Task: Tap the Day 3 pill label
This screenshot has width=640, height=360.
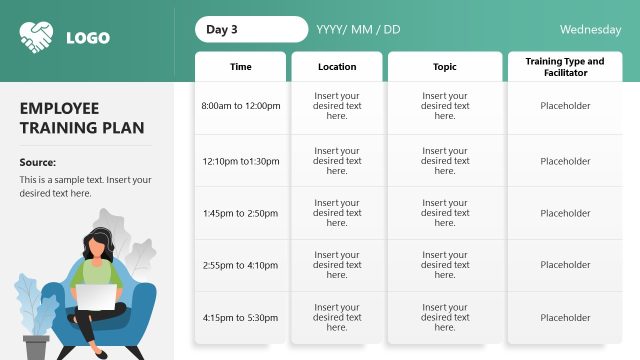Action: click(x=251, y=29)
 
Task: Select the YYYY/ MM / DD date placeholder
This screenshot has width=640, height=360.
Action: click(x=358, y=29)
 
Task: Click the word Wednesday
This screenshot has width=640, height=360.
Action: click(x=590, y=29)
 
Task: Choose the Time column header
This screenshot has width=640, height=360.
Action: click(x=241, y=67)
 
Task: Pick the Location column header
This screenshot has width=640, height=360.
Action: click(x=337, y=67)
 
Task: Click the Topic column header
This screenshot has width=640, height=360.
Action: click(x=445, y=67)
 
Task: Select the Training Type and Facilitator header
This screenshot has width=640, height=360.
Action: click(x=565, y=67)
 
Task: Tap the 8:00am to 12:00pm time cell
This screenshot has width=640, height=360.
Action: click(x=241, y=106)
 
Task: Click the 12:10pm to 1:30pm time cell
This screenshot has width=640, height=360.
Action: click(x=241, y=161)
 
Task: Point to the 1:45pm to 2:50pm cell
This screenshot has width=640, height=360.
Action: click(x=241, y=213)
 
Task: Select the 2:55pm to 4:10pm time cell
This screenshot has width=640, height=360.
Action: click(x=241, y=265)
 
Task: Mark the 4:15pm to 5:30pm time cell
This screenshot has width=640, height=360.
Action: click(x=241, y=318)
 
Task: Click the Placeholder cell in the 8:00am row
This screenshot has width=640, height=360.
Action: click(x=565, y=106)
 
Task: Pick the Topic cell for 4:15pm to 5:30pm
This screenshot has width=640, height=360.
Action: click(x=445, y=318)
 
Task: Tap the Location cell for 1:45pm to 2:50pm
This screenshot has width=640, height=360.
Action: click(x=337, y=213)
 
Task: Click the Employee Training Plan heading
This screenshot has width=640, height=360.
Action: click(x=82, y=118)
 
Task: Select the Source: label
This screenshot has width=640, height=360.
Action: click(x=38, y=162)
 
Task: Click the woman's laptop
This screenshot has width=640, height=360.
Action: click(x=97, y=298)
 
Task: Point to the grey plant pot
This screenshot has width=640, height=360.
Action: click(x=37, y=346)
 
